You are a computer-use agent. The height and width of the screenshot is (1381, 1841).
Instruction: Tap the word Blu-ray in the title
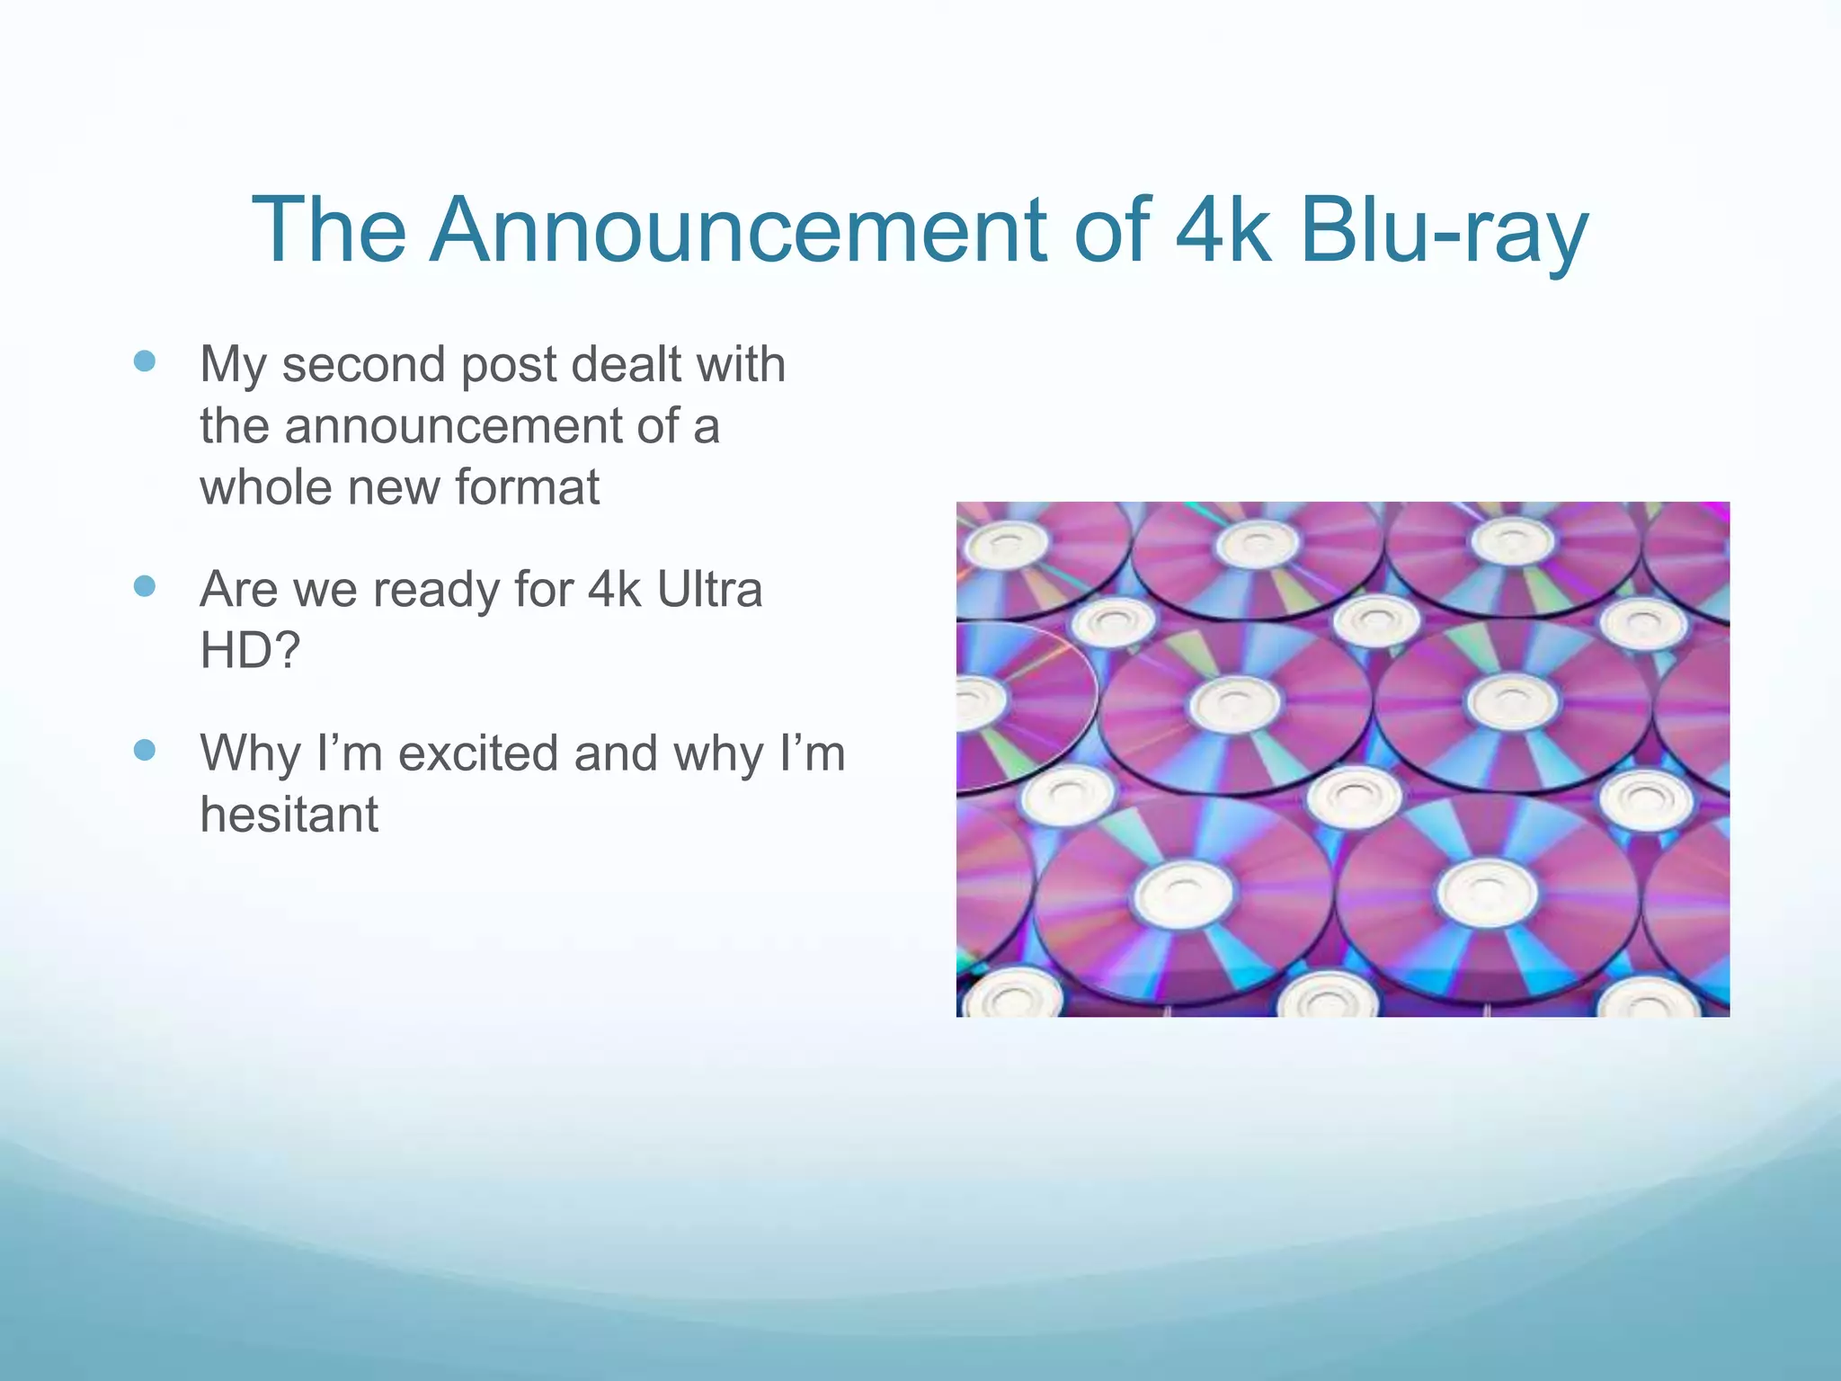click(x=1444, y=232)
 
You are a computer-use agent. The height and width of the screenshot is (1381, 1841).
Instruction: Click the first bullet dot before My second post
click(x=144, y=361)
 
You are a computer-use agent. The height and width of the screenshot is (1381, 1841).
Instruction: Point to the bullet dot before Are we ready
click(x=144, y=586)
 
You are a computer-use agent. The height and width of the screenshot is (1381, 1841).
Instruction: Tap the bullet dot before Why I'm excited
click(x=144, y=750)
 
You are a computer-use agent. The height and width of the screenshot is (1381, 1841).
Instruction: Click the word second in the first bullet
click(x=363, y=365)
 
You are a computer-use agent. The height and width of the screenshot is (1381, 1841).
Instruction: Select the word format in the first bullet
click(x=527, y=487)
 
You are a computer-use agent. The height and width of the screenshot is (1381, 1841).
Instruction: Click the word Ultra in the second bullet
click(x=709, y=590)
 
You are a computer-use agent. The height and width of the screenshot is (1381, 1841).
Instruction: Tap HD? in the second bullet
click(x=249, y=651)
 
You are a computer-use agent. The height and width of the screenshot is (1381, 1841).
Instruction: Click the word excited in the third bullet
click(x=478, y=753)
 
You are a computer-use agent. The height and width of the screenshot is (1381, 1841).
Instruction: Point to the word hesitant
click(x=289, y=815)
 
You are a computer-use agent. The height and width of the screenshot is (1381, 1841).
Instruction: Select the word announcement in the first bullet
click(x=452, y=426)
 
